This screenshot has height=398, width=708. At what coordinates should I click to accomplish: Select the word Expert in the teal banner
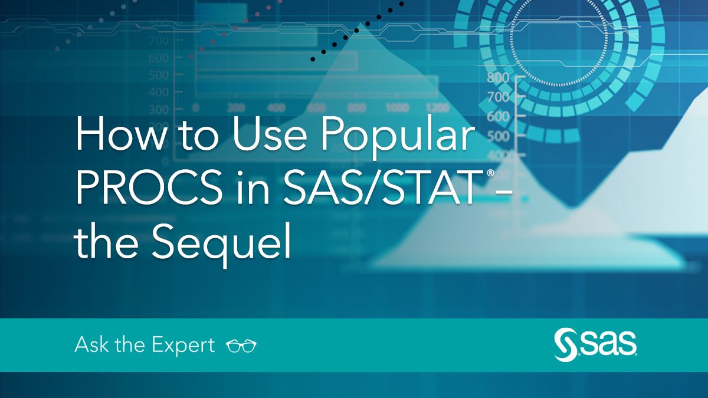click(183, 346)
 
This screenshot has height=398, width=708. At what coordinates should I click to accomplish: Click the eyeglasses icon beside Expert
click(241, 346)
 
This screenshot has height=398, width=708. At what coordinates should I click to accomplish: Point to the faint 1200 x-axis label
click(437, 108)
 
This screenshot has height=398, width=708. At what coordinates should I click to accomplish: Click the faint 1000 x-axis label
click(396, 108)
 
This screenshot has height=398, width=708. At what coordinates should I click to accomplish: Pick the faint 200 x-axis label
click(236, 108)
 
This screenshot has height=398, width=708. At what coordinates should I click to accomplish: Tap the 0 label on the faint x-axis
click(196, 108)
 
